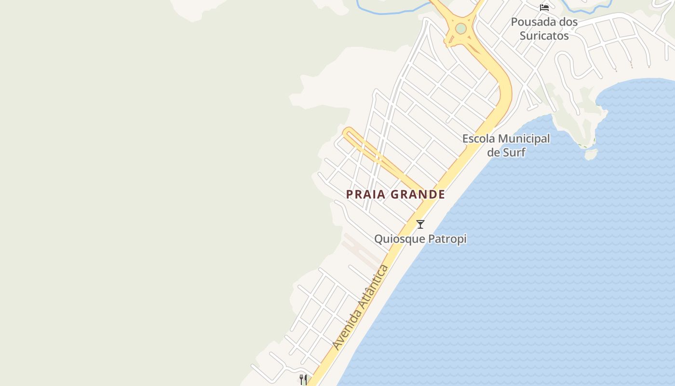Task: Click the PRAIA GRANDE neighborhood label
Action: pos(395,194)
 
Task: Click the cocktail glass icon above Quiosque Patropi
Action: pos(420,224)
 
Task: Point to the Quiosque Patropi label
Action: pos(420,239)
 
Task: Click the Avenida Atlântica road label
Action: pos(361,307)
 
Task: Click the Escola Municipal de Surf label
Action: pos(506,145)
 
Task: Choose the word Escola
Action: pos(478,138)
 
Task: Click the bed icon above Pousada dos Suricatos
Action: pos(544,7)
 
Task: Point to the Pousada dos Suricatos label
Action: pos(544,28)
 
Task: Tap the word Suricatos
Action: pos(544,36)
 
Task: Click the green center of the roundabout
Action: pos(460,28)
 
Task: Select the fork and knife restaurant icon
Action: pos(303,380)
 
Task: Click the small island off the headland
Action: pos(591,154)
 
